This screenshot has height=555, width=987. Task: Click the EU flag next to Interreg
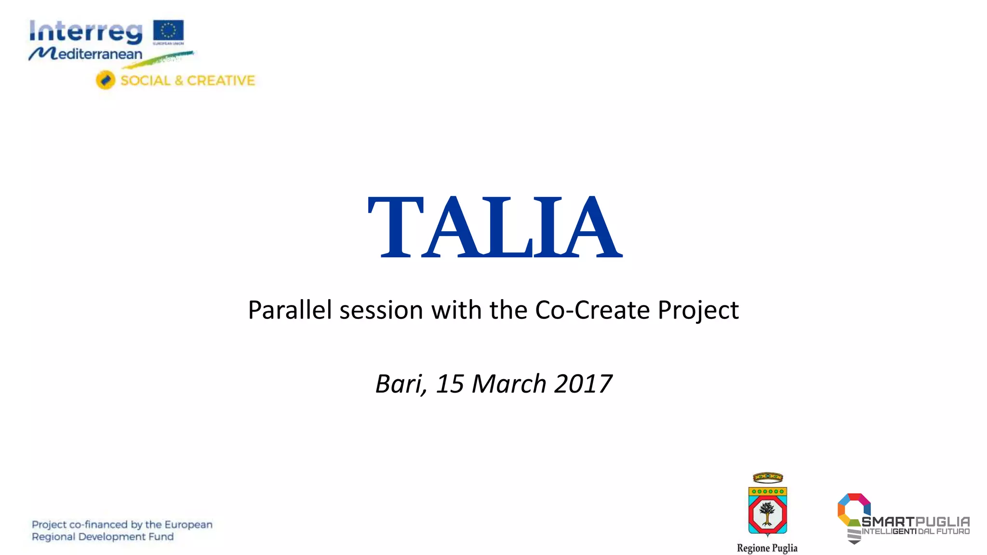pos(168,30)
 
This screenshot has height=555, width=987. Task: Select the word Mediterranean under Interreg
pos(92,53)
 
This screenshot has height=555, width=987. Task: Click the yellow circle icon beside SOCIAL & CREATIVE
pos(105,80)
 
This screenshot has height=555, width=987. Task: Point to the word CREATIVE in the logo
pos(221,80)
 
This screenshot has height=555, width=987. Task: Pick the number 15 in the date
pos(450,384)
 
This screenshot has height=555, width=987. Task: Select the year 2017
pos(583,384)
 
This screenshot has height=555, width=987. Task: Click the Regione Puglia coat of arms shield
pos(767,511)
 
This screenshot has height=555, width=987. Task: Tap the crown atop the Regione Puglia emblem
pos(768,477)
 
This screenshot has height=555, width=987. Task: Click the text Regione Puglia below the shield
pos(767,548)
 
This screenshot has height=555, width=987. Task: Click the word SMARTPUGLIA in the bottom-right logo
pos(915,521)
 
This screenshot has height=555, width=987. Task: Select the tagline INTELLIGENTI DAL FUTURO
pos(915,531)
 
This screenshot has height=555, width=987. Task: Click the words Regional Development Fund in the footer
pos(103,537)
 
